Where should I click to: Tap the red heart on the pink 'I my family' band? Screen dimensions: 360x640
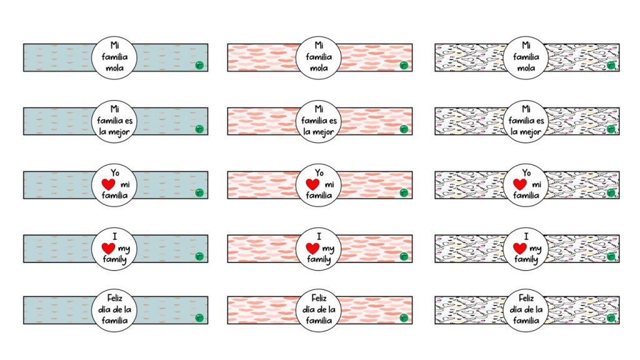point(312,249)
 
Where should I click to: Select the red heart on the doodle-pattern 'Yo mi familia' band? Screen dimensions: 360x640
point(519,185)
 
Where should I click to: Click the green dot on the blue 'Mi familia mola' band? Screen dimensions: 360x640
point(199,65)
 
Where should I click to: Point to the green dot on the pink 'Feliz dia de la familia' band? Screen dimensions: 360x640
point(404,319)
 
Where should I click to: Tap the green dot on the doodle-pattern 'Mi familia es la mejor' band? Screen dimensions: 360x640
point(611,129)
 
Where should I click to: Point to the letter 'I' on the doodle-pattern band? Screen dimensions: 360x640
point(526,236)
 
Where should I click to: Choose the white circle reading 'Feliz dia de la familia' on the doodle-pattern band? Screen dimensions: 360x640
point(526,310)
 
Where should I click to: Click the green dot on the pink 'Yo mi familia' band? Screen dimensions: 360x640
point(404,192)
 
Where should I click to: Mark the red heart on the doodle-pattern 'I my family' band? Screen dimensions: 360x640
point(519,249)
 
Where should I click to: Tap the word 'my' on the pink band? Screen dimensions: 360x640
point(328,249)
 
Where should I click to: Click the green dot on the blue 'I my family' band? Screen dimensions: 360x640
point(199,256)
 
